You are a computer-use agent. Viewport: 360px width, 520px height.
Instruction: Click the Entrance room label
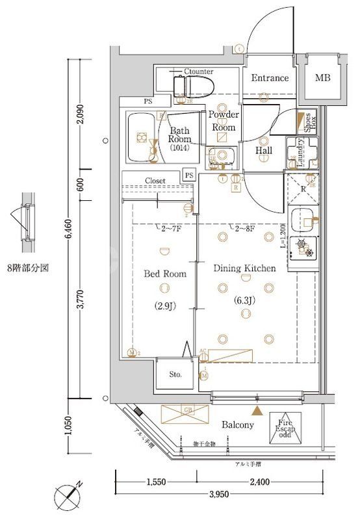tap(270, 78)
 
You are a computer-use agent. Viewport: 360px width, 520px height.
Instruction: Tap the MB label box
tap(322, 78)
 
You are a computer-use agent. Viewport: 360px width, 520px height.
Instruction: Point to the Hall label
tap(263, 151)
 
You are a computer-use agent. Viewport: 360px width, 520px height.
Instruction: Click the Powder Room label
tap(224, 121)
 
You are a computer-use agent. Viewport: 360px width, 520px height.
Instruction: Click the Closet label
tap(155, 180)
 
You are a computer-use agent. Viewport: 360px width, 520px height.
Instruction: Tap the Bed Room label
tap(164, 274)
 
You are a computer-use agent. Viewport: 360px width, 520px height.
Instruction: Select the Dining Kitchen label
tap(245, 268)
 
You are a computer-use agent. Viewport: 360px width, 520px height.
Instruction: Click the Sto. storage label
tap(176, 375)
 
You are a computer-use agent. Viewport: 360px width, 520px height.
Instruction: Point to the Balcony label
tap(237, 424)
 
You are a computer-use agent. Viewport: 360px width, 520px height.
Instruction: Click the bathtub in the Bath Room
tap(140, 137)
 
